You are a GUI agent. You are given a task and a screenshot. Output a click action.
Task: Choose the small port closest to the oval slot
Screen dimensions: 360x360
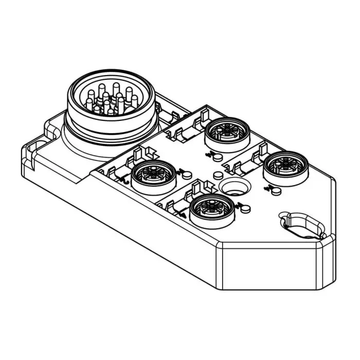point(284,166)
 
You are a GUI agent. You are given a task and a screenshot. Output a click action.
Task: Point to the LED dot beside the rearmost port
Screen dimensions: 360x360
point(218,156)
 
